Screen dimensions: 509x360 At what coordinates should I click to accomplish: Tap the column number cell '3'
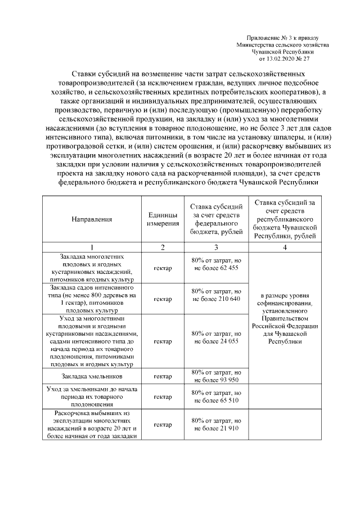tap(217, 247)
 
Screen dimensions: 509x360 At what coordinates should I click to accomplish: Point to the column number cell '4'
tap(285, 247)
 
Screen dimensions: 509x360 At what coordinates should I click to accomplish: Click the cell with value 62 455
tap(217, 268)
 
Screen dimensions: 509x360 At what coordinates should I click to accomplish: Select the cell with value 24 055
tap(217, 341)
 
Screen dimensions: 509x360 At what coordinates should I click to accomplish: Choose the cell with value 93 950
tap(217, 376)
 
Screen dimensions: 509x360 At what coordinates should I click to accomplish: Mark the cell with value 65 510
tap(217, 397)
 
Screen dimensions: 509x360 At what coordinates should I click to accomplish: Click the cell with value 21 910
tap(217, 424)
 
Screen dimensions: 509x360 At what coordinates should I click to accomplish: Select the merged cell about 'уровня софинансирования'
tap(285, 317)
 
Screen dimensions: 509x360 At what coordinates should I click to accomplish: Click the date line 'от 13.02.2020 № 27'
tap(284, 58)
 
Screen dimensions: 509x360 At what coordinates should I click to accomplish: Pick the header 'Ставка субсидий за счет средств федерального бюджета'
tap(217, 219)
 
